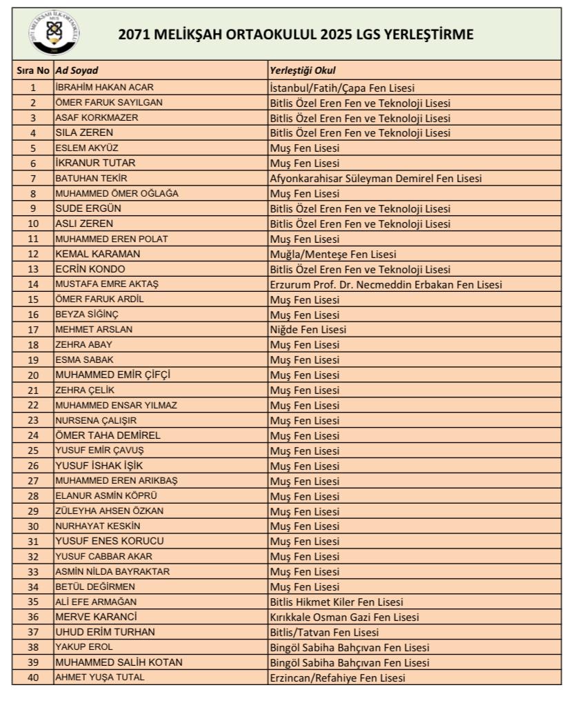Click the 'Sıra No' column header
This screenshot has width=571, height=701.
tap(33, 70)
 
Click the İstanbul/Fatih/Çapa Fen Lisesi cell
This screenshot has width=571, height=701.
tap(342, 87)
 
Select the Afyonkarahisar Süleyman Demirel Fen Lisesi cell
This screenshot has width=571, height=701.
tap(375, 177)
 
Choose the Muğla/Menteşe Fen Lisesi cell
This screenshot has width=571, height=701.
tap(332, 254)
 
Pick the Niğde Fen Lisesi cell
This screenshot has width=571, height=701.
tap(308, 329)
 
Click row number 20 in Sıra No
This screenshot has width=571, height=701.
tap(33, 375)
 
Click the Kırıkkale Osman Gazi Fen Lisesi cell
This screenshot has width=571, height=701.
tap(344, 617)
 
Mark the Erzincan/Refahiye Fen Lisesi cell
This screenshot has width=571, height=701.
tap(337, 678)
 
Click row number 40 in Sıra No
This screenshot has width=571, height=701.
tap(33, 678)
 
